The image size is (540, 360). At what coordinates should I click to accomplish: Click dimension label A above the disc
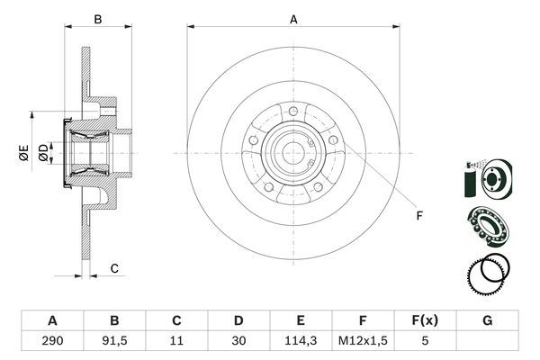click(293, 18)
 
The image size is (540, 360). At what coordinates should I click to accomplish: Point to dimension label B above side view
click(99, 18)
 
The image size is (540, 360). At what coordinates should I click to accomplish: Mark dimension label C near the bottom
click(114, 268)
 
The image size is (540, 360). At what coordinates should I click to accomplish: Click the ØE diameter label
click(23, 153)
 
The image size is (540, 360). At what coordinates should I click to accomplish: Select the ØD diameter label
click(42, 153)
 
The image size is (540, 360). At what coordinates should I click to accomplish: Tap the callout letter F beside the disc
click(418, 215)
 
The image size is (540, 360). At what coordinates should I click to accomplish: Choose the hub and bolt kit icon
click(487, 177)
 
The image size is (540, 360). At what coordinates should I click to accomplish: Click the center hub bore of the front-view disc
click(294, 153)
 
